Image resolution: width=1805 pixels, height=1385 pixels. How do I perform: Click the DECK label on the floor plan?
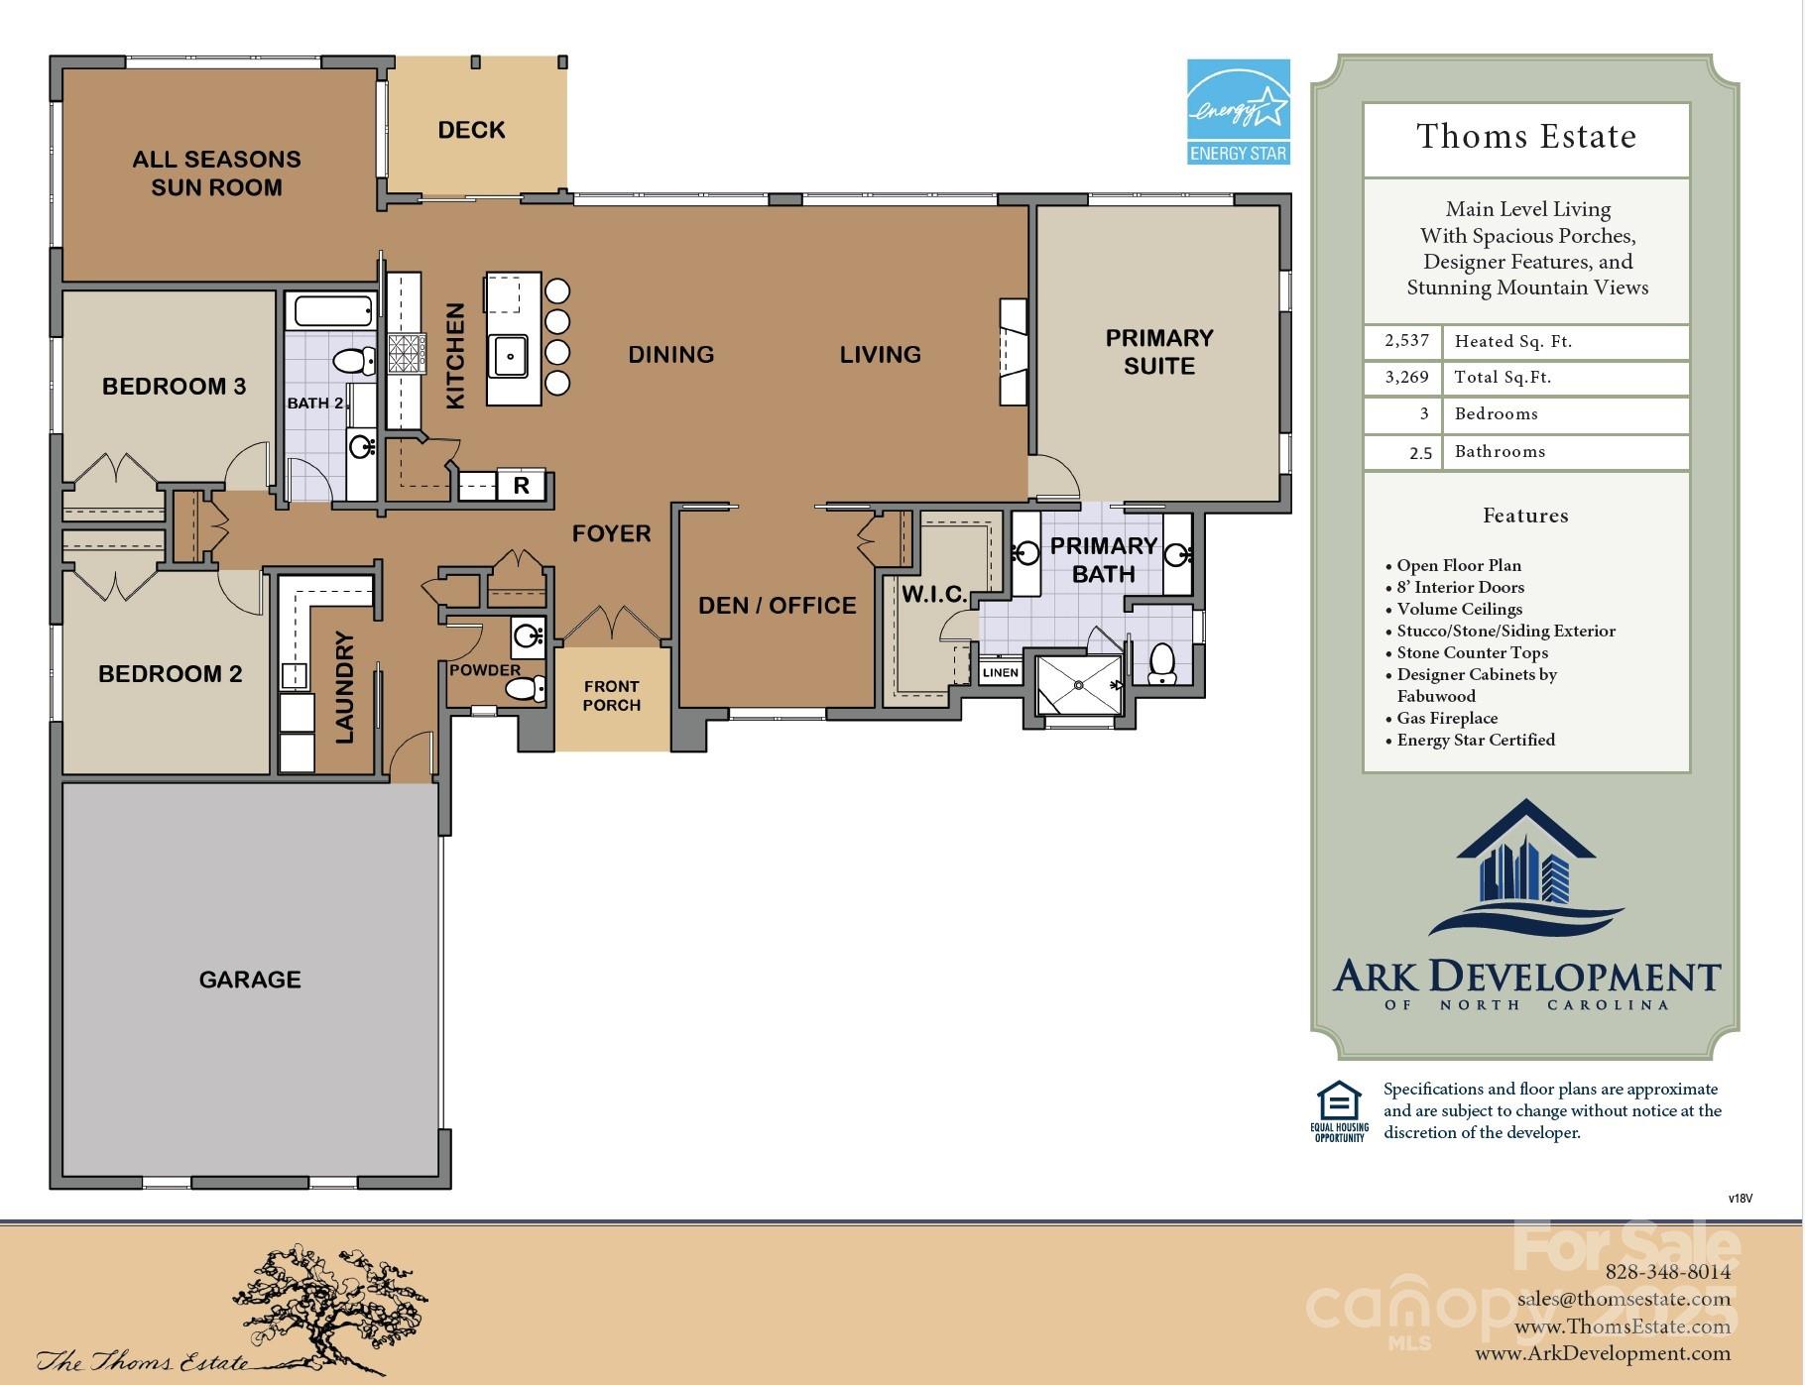coord(471,130)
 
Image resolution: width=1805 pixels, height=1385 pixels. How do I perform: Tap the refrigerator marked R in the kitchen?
coord(521,486)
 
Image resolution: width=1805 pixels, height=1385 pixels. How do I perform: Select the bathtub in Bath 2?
coord(333,311)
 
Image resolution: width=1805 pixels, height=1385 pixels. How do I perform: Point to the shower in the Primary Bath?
coord(1079,685)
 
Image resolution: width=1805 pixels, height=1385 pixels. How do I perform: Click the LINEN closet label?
coord(1000,672)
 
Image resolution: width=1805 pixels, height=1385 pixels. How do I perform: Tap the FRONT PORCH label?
coord(611,695)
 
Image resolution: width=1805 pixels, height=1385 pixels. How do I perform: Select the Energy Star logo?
coord(1239,111)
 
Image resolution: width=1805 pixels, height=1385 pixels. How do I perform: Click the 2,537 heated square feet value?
coord(1406,341)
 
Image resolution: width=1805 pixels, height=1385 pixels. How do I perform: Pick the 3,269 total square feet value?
coord(1406,377)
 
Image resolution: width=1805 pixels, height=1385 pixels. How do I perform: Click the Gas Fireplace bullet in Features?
coord(1446,718)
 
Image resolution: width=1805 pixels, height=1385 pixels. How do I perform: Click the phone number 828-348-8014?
coord(1667,1272)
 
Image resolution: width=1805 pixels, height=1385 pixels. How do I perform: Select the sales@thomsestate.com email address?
coord(1624,1299)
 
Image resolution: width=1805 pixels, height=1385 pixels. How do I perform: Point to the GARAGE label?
coord(250,980)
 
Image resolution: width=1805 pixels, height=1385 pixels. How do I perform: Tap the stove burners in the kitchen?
coord(407,353)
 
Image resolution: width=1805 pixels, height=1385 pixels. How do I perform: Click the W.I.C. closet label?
coord(933,594)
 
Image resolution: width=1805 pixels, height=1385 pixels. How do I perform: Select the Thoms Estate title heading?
coord(1525,137)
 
